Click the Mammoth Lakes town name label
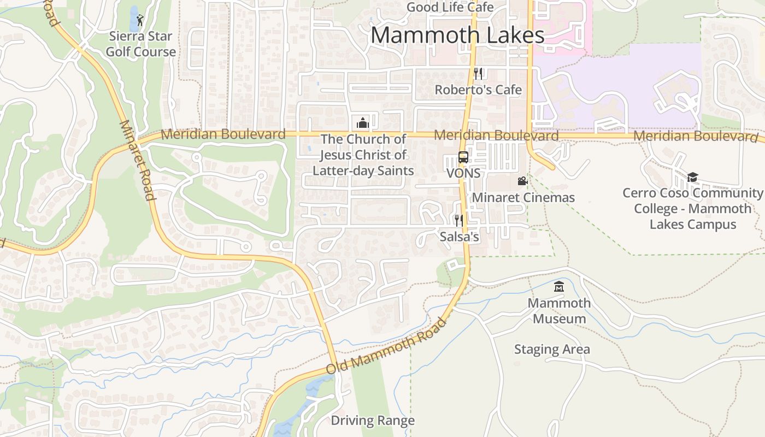(457, 35)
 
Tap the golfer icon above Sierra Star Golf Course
(140, 21)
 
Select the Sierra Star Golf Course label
(141, 44)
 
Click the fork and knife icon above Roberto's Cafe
(478, 73)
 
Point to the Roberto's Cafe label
(478, 90)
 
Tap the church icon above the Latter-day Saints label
(363, 123)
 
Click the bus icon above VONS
(463, 157)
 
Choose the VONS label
(463, 173)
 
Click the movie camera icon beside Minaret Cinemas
(522, 181)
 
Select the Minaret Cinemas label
(523, 197)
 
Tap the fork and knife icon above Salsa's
(459, 220)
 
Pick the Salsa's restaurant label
(460, 237)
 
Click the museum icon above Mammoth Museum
(558, 286)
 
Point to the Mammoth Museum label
(559, 311)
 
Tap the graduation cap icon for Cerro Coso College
(692, 177)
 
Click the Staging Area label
(552, 349)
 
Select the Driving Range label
(373, 421)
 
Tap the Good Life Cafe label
(450, 7)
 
